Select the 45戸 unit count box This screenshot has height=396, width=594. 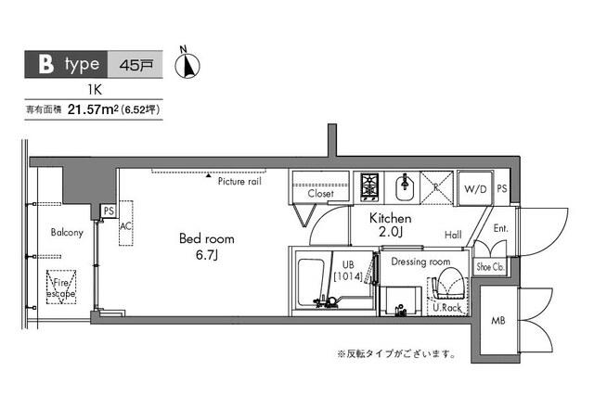(x=137, y=65)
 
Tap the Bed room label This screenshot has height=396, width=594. (x=200, y=237)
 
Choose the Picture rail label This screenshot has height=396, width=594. (x=240, y=182)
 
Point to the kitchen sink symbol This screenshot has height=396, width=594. (x=404, y=186)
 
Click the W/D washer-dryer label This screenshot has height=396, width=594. (x=475, y=189)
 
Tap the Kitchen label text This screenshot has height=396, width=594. (x=391, y=218)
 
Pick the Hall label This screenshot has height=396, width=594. (x=453, y=235)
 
